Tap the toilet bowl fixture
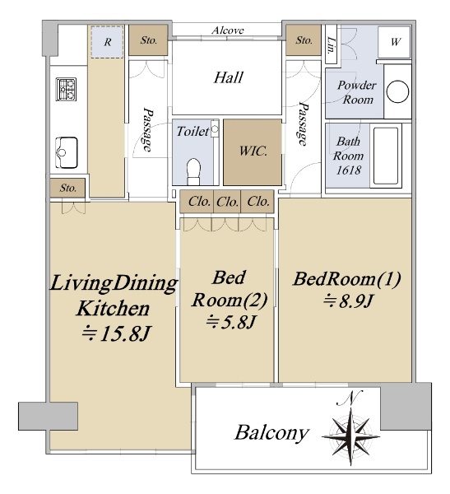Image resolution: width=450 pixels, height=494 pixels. tap(193, 171)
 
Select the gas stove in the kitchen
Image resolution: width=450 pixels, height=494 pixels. tap(66, 89)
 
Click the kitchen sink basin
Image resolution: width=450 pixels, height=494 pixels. tap(66, 152)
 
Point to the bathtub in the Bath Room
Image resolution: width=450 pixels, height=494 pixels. tap(386, 156)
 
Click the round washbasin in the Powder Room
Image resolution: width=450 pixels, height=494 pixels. tap(397, 91)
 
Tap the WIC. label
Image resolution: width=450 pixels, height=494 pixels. tap(253, 151)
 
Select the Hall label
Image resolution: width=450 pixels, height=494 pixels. tap(229, 77)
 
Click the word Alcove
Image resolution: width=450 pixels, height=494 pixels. tap(227, 30)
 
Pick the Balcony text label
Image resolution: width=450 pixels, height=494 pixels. tap(271, 433)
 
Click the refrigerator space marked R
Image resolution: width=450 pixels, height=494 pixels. tap(107, 42)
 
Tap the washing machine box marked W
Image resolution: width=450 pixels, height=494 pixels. tap(394, 42)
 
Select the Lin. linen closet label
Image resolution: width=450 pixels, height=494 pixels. tap(331, 44)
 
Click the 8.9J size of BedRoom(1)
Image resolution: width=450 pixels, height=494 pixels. tap(348, 301)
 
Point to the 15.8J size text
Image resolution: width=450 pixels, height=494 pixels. tap(116, 334)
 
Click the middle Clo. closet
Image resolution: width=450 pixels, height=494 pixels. tap(227, 202)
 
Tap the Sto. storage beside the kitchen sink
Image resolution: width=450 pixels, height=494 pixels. tap(67, 188)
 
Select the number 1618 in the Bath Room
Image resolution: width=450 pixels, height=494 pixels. tap(348, 170)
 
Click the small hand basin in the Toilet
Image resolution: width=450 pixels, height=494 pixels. tap(215, 128)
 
